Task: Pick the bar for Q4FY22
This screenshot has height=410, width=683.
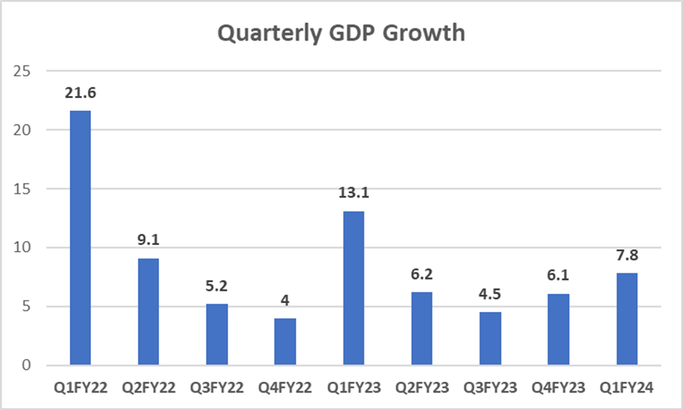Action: pyautogui.click(x=285, y=341)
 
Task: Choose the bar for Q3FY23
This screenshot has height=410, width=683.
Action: pyautogui.click(x=490, y=338)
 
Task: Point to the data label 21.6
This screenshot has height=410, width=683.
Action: pyautogui.click(x=80, y=95)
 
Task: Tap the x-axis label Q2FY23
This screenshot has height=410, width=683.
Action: pyautogui.click(x=421, y=388)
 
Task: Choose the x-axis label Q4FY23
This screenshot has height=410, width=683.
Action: pyautogui.click(x=558, y=388)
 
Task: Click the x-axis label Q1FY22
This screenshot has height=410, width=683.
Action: pyautogui.click(x=80, y=388)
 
